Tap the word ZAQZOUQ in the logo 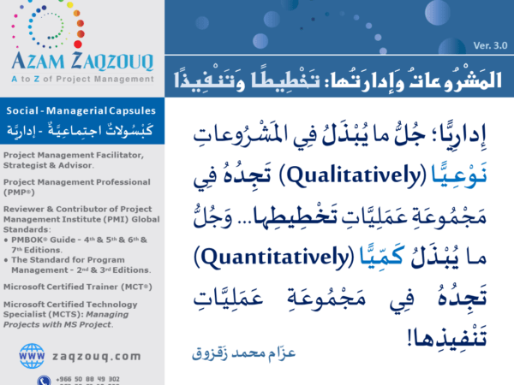pos(109,60)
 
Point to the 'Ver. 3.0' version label pos(489,44)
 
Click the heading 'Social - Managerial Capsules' pos(74,112)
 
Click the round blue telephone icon pos(43,380)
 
